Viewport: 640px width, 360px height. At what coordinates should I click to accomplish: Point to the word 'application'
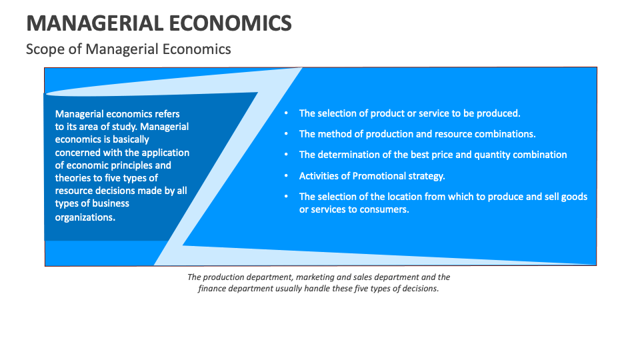click(165, 152)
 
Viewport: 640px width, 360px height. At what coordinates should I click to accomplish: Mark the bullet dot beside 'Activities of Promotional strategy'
click(285, 176)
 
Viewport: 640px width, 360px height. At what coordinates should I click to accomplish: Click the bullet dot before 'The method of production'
click(285, 134)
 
